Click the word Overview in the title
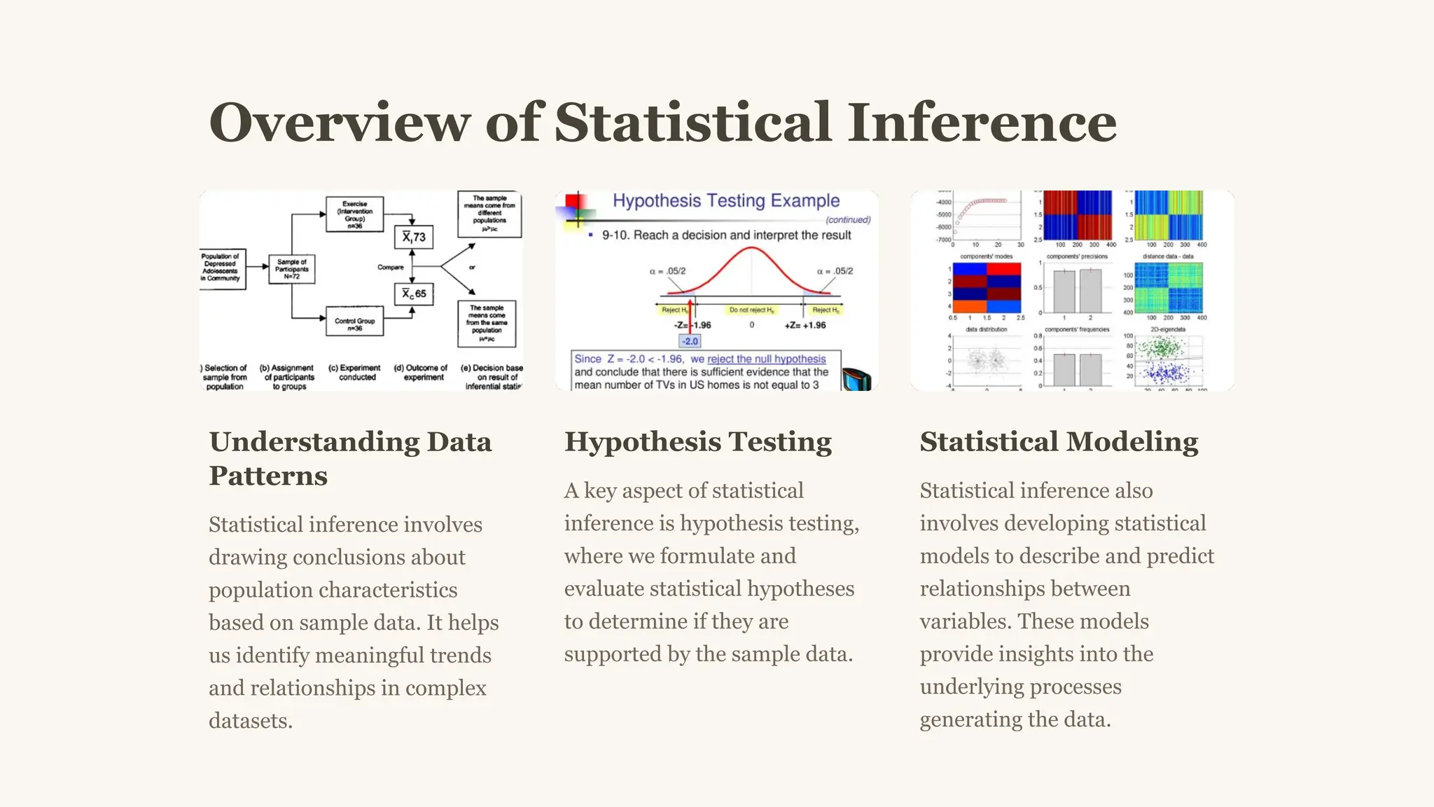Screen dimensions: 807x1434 coord(339,123)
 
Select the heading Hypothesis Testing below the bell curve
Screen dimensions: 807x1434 coord(697,442)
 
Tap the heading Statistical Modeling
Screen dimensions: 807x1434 coord(1059,442)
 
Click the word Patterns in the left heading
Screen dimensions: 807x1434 coord(268,476)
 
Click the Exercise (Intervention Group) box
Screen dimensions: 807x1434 coord(354,214)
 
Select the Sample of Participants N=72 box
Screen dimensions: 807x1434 coord(291,269)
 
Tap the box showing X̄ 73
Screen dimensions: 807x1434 coord(414,237)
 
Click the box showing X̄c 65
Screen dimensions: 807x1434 coord(414,294)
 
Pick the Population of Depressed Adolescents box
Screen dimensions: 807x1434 coord(221,268)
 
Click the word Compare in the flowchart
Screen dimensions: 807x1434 coord(390,267)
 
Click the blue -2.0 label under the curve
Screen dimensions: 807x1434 coord(690,341)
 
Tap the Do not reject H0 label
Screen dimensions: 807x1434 coord(751,310)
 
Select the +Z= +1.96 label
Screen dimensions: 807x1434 coord(805,325)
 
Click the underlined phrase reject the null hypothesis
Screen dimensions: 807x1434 coord(767,359)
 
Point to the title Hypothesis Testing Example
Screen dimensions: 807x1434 coord(726,201)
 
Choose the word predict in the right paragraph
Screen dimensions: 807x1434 coord(1181,556)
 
